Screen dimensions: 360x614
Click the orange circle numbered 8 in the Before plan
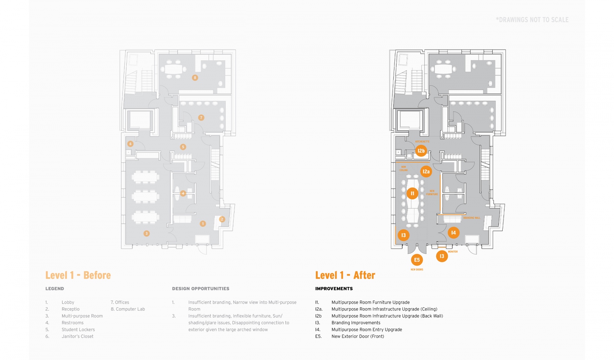click(x=195, y=78)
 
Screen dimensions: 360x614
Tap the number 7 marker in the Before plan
click(x=201, y=117)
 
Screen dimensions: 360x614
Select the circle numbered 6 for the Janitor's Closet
click(x=130, y=144)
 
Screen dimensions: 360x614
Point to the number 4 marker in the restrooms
click(x=183, y=193)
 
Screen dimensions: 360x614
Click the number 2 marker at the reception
click(x=222, y=219)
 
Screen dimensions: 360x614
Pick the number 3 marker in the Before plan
click(x=146, y=233)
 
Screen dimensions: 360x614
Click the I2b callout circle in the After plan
click(x=421, y=151)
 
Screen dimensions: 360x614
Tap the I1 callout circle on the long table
click(x=413, y=193)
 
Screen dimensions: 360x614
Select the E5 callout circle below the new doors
click(x=417, y=260)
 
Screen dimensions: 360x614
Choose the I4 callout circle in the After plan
click(x=454, y=233)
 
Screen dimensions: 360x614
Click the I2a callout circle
click(x=426, y=172)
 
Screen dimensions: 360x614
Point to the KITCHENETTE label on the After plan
click(x=422, y=142)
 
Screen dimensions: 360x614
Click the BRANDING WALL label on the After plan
click(x=472, y=218)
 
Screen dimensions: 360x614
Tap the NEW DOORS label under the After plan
click(x=417, y=269)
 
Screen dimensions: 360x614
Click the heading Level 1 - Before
click(x=78, y=275)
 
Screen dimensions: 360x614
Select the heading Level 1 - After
click(x=345, y=275)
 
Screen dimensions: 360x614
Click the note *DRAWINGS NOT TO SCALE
click(x=532, y=20)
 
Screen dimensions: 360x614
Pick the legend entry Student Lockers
click(x=78, y=330)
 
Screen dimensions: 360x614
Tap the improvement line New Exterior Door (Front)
click(x=358, y=337)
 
